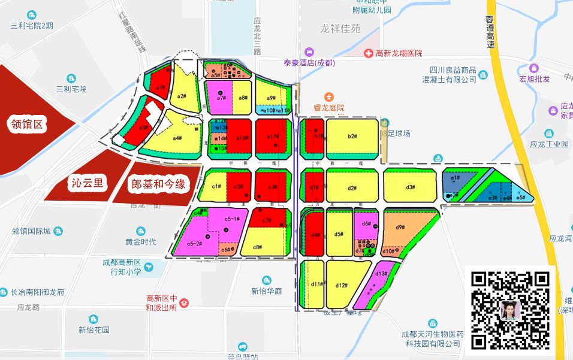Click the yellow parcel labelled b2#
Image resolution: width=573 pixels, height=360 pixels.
352,137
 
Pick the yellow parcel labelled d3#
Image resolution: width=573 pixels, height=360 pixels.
411,187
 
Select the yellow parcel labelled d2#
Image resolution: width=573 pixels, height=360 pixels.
352,187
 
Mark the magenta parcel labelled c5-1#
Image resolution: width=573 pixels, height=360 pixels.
231,220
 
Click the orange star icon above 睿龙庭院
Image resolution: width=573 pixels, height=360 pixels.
328,96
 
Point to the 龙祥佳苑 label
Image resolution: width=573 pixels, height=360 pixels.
340,28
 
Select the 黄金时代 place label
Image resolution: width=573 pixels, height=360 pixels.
140,241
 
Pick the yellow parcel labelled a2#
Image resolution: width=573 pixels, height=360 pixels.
182,95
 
